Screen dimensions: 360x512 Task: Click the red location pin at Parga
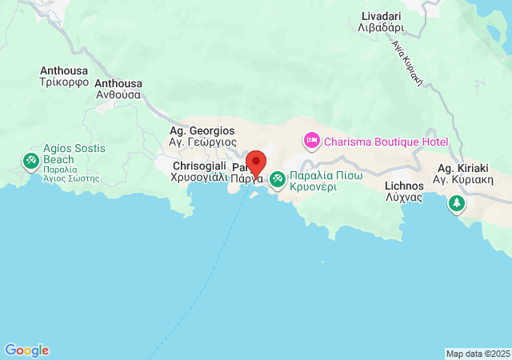(x=256, y=162)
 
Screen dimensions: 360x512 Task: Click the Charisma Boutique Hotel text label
(x=387, y=142)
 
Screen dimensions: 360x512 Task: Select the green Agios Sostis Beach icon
(x=31, y=162)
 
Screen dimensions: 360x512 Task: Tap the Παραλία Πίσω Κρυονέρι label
(x=324, y=181)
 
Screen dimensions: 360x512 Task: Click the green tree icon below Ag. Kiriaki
(x=456, y=203)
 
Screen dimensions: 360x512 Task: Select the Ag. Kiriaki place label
(x=456, y=169)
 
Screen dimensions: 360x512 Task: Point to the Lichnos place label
(x=404, y=186)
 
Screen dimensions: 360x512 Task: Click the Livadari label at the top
(x=382, y=16)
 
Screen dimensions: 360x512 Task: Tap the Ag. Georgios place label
(x=202, y=130)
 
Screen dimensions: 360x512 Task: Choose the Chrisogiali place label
(x=200, y=166)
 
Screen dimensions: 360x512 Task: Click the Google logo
(x=26, y=350)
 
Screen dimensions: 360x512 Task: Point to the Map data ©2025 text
(x=477, y=354)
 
